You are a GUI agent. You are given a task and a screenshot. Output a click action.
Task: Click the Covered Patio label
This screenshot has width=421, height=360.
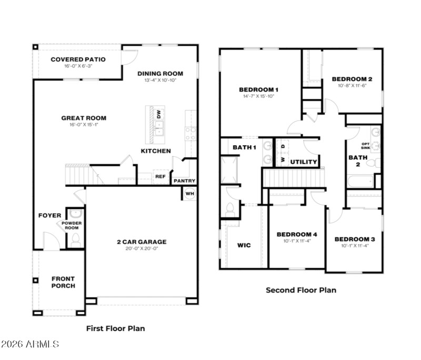[78, 59]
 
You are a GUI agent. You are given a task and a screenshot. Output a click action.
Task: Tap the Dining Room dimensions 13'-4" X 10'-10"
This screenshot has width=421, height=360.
[160, 81]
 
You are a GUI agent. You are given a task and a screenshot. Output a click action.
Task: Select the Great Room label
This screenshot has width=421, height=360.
[84, 118]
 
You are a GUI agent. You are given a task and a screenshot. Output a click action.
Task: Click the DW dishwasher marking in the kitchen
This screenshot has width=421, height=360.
[158, 114]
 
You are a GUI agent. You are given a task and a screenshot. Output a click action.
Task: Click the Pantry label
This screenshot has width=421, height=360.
[185, 181]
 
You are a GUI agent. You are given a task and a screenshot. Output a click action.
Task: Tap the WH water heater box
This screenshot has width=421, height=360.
[189, 193]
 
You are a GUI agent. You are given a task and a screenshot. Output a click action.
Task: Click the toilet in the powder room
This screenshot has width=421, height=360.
[75, 241]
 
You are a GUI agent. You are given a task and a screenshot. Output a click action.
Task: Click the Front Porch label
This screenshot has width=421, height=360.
[63, 282]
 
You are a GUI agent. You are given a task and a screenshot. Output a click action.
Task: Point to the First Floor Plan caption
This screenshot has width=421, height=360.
[115, 328]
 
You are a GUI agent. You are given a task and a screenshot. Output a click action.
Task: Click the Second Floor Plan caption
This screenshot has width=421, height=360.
[300, 290]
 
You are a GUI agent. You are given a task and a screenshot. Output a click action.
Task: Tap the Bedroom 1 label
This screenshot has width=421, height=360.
[258, 89]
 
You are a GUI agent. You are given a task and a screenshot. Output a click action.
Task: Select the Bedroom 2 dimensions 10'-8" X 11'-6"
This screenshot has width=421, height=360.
[352, 85]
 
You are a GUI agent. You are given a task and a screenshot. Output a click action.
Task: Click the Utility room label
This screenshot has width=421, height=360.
[304, 162]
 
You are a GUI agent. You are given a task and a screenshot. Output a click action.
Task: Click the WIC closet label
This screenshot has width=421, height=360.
[244, 245]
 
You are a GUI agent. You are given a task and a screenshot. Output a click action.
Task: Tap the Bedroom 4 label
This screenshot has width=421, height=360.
[297, 234]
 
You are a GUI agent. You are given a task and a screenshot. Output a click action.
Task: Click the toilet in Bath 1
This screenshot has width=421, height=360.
[230, 208]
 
